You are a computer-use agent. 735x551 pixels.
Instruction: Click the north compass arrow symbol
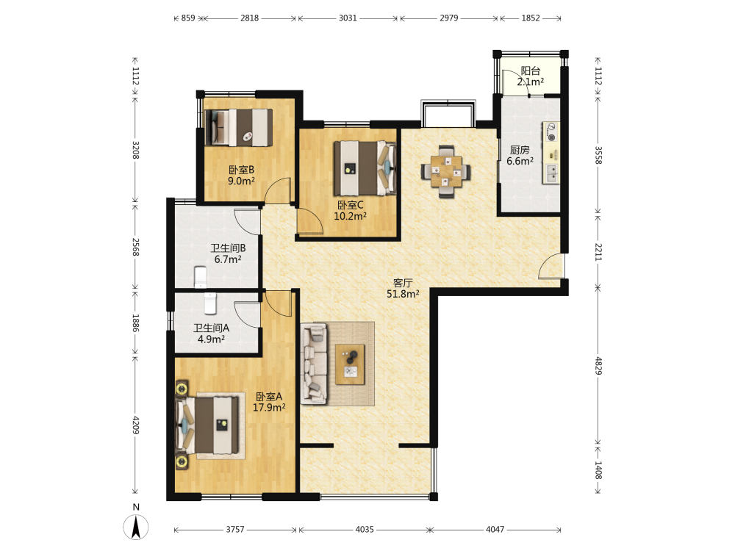pos(136,527)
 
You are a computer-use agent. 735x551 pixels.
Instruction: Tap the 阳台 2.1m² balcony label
pos(530,76)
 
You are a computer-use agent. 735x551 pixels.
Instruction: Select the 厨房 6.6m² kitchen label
pos(520,156)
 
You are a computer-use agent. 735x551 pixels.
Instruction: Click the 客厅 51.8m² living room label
pos(403,289)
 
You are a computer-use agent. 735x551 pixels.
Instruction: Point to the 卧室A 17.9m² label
pos(269,402)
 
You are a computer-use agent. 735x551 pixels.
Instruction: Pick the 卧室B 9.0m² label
pos(241,176)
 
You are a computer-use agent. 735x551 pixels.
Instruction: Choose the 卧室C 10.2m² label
pos(350,211)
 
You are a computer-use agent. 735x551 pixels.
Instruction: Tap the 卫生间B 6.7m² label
pos(228,253)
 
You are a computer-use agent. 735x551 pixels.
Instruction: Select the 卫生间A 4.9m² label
pos(211,334)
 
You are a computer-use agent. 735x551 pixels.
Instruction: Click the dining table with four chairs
pos(446,172)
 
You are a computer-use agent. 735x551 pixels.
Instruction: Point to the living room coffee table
pos(350,364)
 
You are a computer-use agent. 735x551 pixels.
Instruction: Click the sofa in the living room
pos(314,364)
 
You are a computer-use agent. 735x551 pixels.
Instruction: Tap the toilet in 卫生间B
pos(200,277)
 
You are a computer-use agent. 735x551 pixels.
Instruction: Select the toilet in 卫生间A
pos(210,303)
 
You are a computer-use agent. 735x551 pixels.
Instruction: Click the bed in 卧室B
pos(239,127)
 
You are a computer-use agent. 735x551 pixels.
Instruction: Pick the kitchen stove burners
pos(551,132)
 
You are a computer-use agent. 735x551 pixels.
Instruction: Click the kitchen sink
pos(551,173)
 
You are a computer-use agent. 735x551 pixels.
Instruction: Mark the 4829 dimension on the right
pos(598,365)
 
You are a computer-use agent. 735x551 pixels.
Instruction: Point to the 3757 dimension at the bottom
pos(235,530)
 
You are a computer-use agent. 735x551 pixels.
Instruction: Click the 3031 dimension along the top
pos(348,18)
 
